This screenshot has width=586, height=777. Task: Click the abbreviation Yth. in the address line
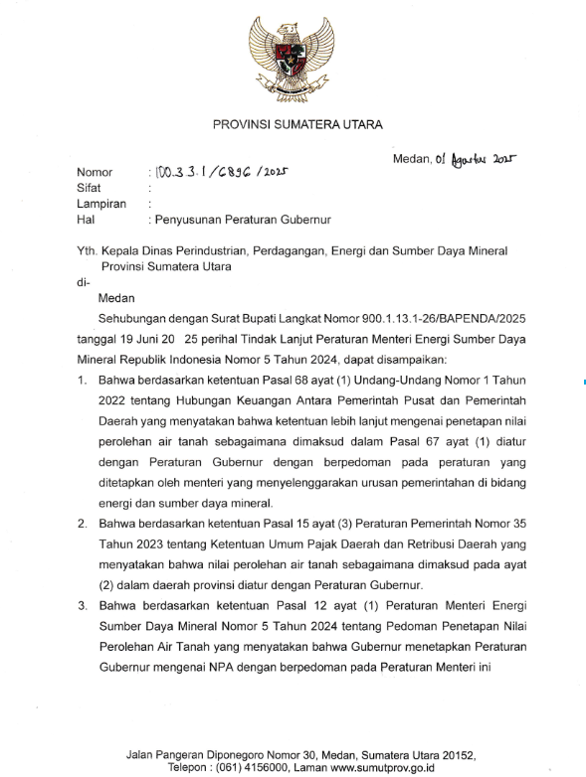pyautogui.click(x=76, y=252)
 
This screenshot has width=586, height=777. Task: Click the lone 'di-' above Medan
pyautogui.click(x=70, y=283)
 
